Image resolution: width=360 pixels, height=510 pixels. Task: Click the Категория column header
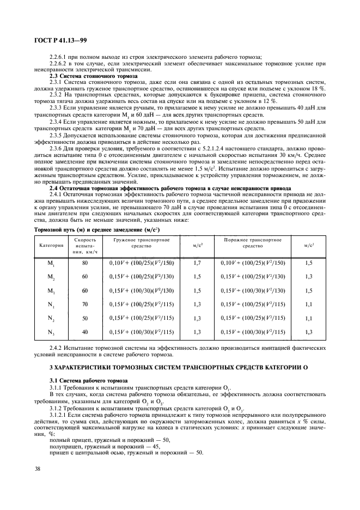52,245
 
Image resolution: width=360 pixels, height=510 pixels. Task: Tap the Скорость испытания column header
85,245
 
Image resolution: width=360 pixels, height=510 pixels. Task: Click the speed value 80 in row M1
85,263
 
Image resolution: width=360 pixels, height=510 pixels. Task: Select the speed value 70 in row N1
85,304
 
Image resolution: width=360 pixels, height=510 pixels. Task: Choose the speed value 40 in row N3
85,331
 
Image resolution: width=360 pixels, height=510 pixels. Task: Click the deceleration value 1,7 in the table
198,263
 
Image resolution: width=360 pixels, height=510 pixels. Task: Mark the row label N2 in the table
52,318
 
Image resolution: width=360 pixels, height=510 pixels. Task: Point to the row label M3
52,290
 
